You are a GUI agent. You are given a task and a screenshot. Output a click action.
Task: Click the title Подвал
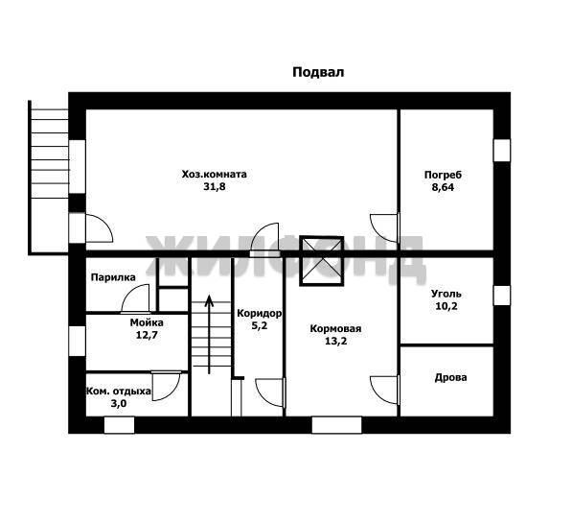(318, 72)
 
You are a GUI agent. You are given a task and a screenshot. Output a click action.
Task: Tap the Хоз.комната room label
(214, 174)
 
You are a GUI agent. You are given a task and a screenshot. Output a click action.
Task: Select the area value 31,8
(215, 187)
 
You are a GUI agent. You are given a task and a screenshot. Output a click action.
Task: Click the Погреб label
(443, 175)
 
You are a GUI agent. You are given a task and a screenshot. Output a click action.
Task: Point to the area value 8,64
(443, 187)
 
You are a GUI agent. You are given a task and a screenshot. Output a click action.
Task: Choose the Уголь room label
(446, 294)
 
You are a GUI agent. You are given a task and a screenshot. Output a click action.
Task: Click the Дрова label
(450, 377)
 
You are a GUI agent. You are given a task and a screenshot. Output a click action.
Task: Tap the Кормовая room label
(335, 328)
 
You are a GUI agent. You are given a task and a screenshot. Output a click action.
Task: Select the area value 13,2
(336, 342)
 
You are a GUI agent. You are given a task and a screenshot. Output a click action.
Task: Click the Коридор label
(260, 313)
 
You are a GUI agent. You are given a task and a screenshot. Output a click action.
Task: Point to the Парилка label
(113, 277)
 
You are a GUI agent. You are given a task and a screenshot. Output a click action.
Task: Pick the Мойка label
(147, 322)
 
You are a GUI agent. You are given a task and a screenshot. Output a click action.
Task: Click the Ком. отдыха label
(118, 392)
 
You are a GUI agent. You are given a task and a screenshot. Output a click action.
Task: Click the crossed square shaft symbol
(321, 261)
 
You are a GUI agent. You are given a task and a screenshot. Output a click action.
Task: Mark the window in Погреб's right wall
(502, 151)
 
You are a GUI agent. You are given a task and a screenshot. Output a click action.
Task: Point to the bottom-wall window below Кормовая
(336, 425)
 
